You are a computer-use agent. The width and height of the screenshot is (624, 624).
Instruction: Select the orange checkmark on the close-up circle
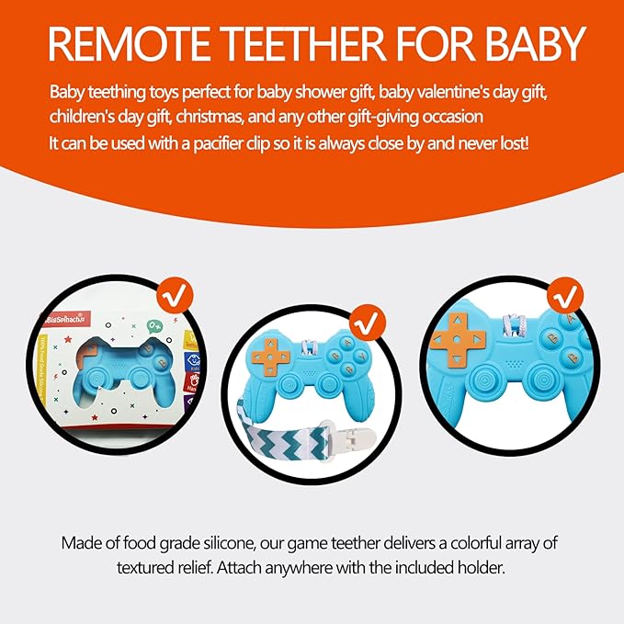[565, 296]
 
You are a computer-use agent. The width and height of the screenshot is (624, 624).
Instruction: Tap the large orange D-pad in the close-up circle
[453, 339]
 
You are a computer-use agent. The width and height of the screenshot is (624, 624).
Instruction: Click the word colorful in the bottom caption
[455, 542]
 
